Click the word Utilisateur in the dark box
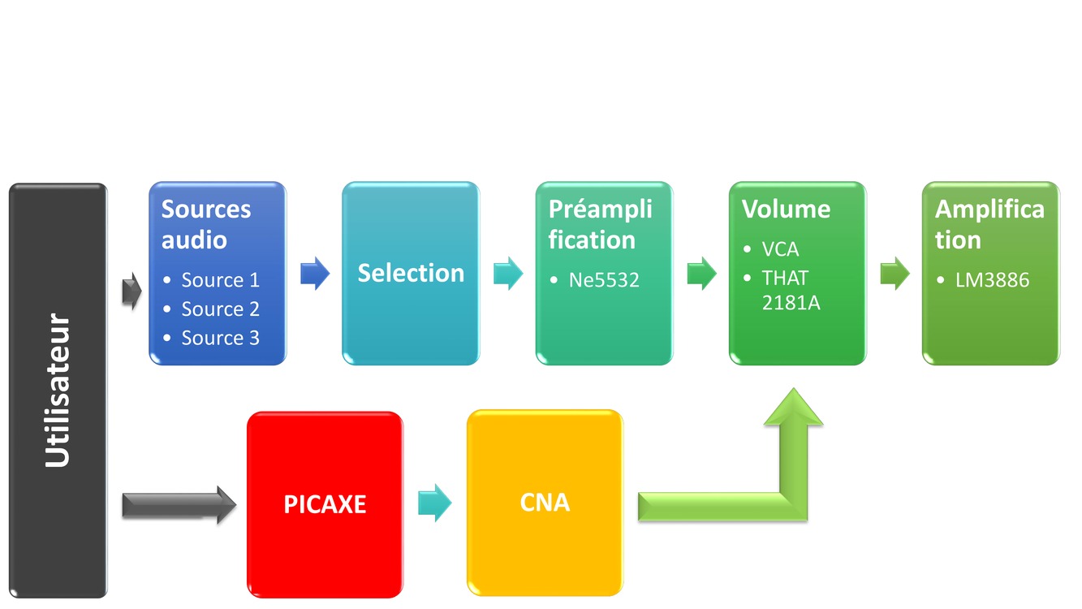pos(58,391)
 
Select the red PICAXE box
pos(325,504)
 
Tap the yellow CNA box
pos(545,503)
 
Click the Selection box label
pos(411,273)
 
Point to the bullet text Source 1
pos(220,280)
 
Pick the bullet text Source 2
pos(220,309)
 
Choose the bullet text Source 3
pos(220,338)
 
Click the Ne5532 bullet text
pos(604,280)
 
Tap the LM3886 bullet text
pos(992,280)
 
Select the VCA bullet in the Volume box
pos(780,249)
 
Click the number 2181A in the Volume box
pos(791,303)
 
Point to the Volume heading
pos(786,209)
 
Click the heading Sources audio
pos(206,224)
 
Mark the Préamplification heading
pos(601,224)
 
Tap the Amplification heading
pos(989,224)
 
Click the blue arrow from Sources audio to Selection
pos(315,274)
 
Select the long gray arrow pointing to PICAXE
pos(179,505)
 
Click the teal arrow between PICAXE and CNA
pos(435,503)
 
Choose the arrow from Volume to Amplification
pos(895,274)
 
